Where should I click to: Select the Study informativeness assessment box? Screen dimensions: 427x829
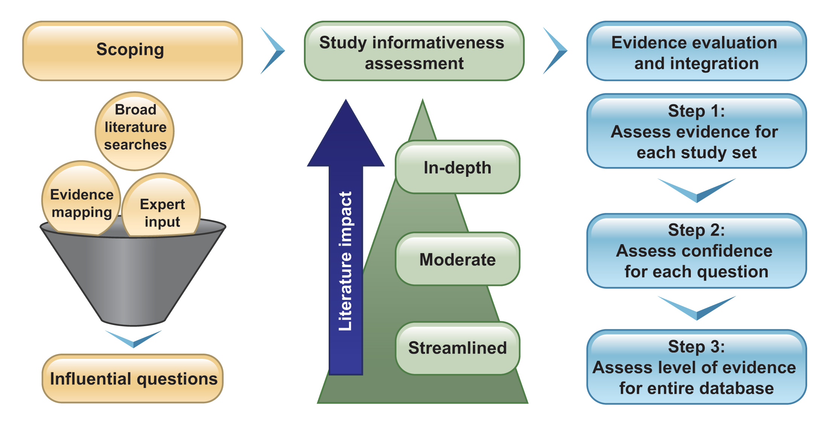414,51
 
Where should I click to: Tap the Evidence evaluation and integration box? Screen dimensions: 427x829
696,51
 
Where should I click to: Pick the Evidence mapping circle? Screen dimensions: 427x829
81,199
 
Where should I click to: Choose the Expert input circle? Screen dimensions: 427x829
162,209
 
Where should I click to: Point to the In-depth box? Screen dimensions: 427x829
457,167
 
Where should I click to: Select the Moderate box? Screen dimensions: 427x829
457,259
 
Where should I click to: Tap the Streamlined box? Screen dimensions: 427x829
457,348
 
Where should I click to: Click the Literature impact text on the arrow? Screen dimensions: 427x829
346,261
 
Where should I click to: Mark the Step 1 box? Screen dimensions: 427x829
696,131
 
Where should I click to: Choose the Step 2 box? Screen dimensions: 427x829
696,251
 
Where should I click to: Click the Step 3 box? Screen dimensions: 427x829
696,367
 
